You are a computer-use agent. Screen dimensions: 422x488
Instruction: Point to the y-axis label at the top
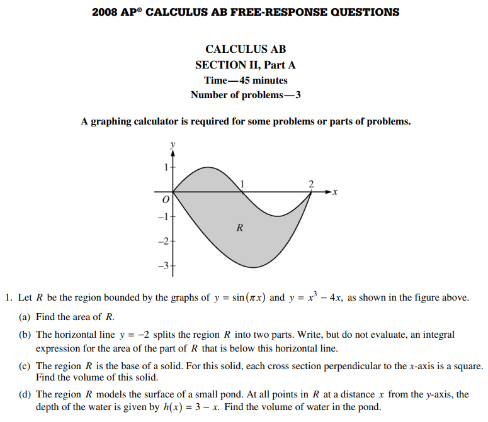click(x=173, y=144)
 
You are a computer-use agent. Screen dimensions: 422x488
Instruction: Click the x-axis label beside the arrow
click(x=336, y=192)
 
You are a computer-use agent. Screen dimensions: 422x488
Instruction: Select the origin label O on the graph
click(x=166, y=200)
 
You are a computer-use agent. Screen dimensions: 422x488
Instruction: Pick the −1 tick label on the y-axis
click(x=163, y=216)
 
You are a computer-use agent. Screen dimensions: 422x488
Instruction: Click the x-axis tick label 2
click(x=310, y=183)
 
